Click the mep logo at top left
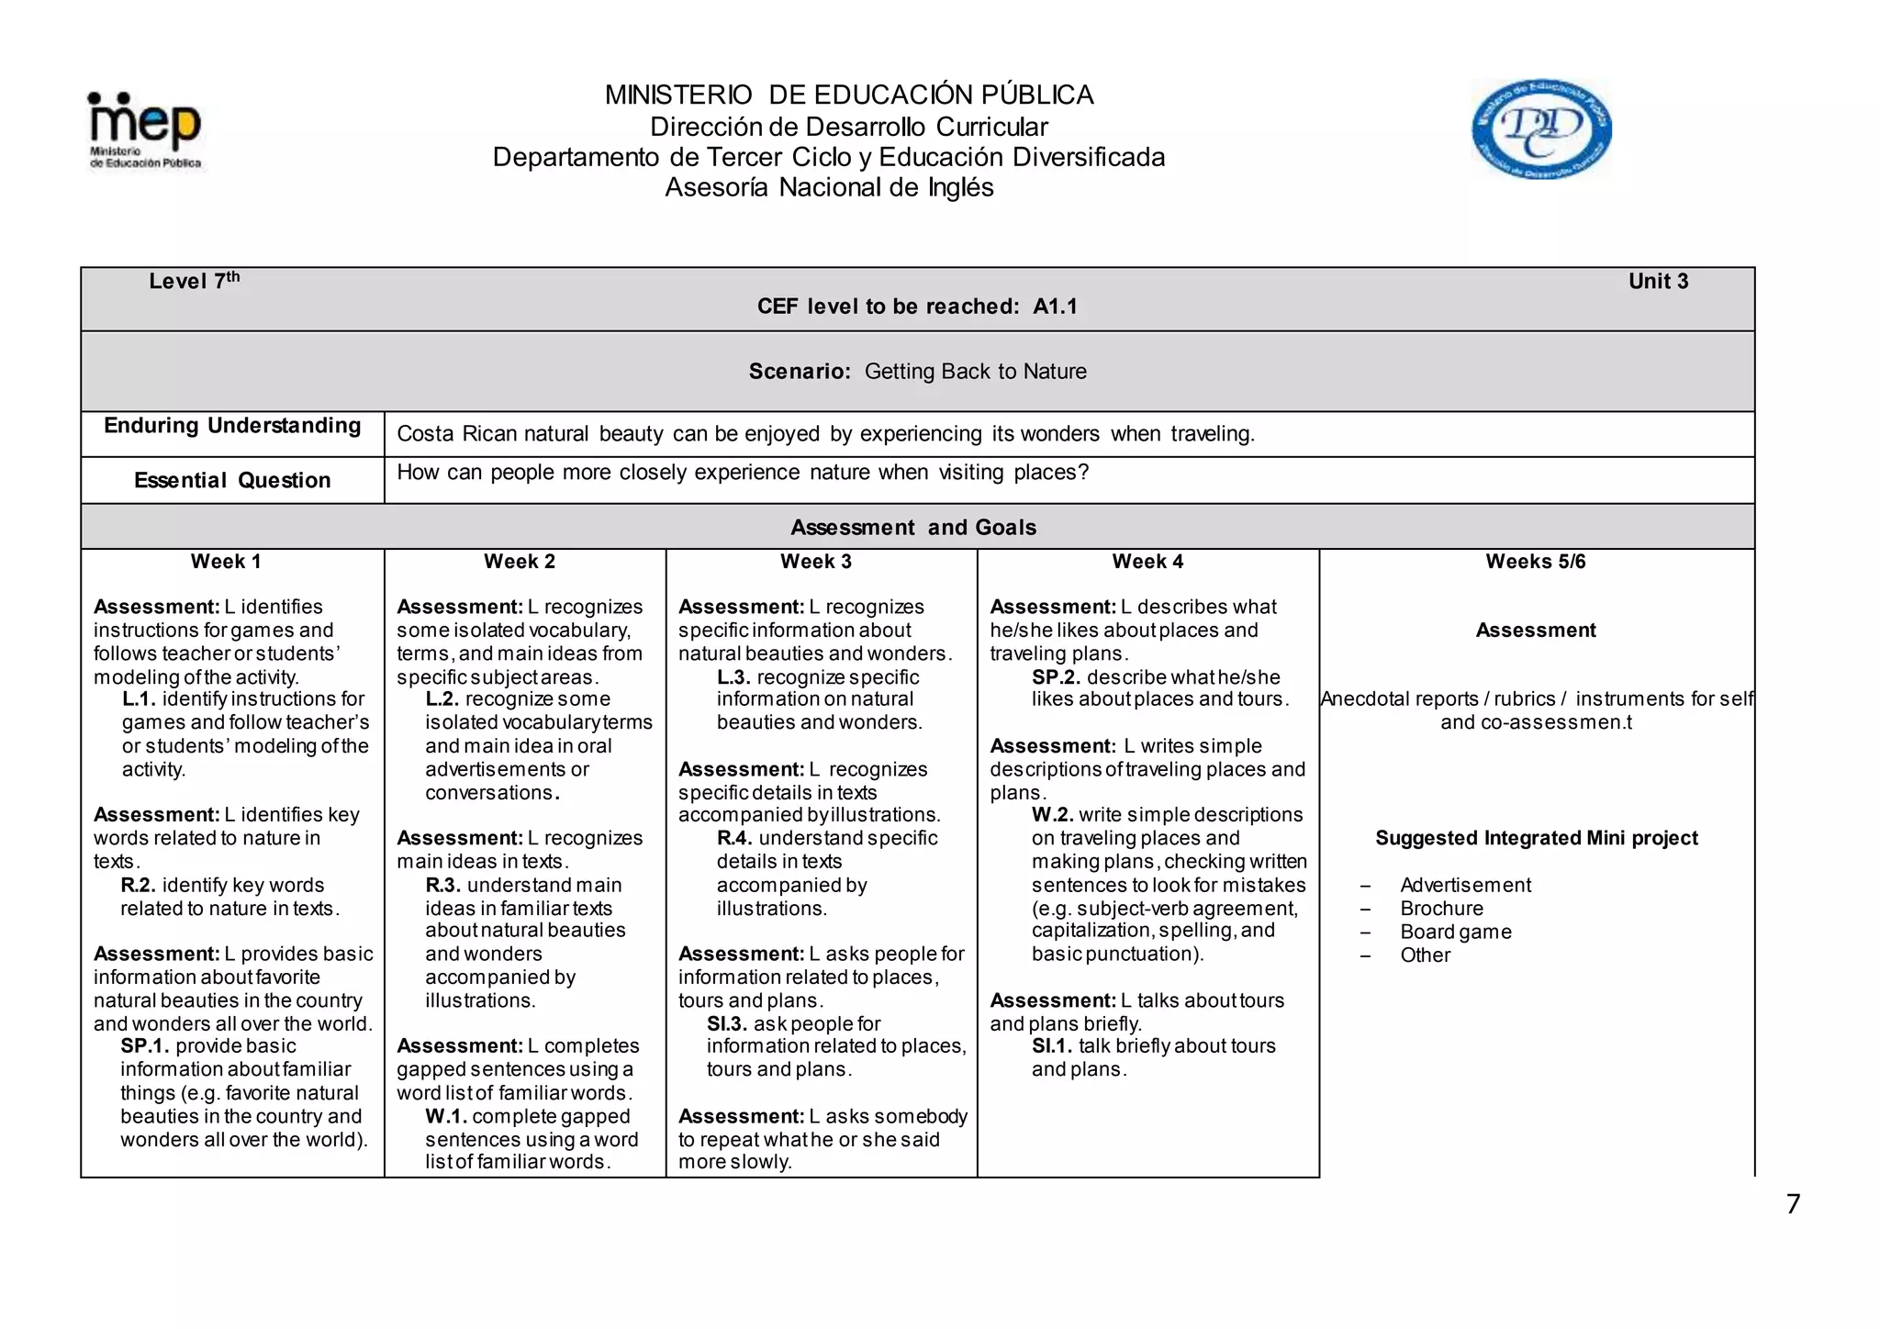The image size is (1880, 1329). click(x=145, y=130)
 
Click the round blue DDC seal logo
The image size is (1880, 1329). click(x=1541, y=128)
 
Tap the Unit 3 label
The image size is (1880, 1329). click(x=1658, y=282)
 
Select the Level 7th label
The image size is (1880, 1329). click(x=194, y=281)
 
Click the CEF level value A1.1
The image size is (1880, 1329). click(x=1055, y=307)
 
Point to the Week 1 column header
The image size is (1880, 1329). click(x=226, y=562)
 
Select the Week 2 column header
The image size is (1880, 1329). click(x=520, y=562)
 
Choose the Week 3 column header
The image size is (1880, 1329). click(x=816, y=562)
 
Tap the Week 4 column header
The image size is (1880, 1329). click(x=1147, y=562)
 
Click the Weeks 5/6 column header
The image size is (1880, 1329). click(x=1536, y=562)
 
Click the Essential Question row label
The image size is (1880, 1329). click(x=232, y=480)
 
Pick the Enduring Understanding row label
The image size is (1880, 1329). click(x=232, y=426)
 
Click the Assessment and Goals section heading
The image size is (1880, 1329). click(x=913, y=528)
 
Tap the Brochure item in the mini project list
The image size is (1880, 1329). click(x=1441, y=909)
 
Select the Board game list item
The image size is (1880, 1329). click(x=1455, y=932)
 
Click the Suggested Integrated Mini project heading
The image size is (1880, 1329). click(x=1537, y=838)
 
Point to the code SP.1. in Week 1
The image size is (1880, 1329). click(x=144, y=1046)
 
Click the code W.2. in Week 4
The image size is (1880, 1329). click(x=1052, y=815)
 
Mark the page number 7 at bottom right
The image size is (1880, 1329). click(x=1793, y=1204)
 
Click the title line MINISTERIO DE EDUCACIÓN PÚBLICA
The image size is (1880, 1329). click(x=848, y=95)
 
